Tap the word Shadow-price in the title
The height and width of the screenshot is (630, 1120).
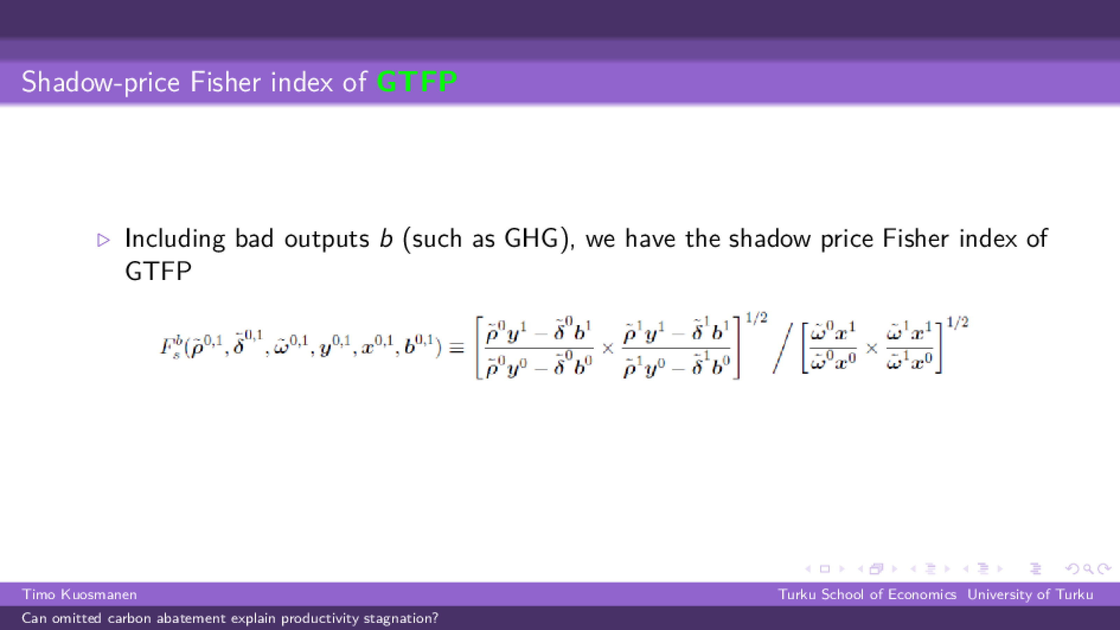pos(100,82)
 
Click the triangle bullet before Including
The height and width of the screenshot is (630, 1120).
pos(104,240)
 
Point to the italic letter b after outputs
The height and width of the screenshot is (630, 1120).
pos(386,238)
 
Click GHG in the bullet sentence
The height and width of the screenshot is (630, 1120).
pos(531,238)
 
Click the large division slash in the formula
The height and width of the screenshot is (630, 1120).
pos(783,348)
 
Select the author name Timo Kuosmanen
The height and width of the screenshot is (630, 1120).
pos(80,594)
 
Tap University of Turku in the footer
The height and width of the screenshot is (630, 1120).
pos(1030,594)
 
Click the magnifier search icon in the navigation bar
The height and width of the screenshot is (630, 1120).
pos(1088,569)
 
